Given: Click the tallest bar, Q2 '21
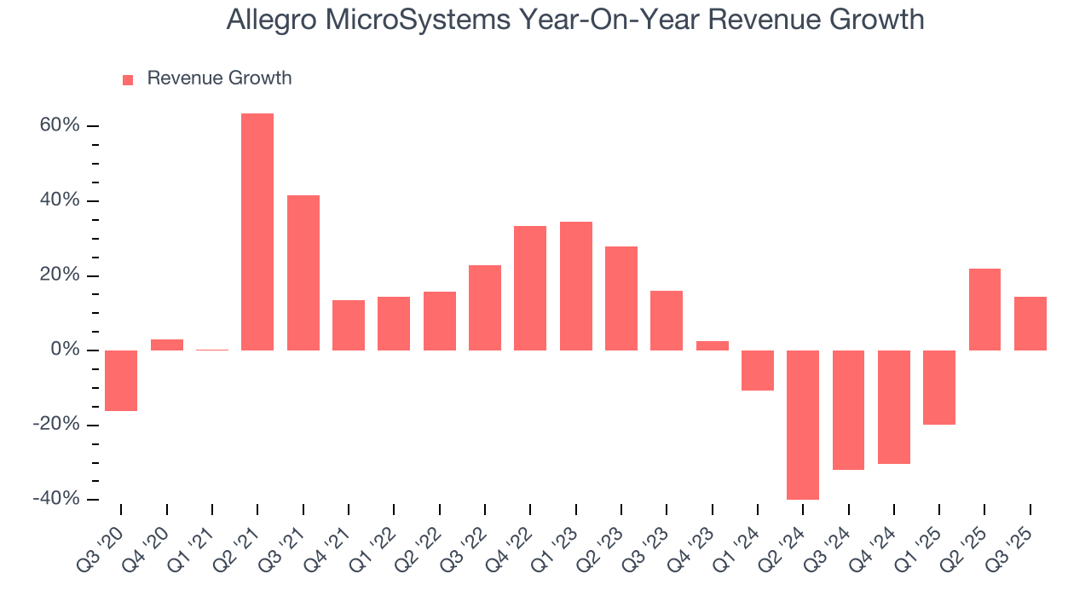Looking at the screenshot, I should coord(257,232).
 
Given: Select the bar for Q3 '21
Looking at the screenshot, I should coord(303,273).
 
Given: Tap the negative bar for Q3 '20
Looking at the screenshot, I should coord(121,380).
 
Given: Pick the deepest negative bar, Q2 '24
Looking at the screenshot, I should coord(803,425).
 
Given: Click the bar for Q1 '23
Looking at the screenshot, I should coord(576,286).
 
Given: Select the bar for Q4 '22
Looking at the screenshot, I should coord(530,288).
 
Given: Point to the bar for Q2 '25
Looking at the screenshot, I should coord(984,310).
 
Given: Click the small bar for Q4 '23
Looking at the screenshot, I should coord(713,345).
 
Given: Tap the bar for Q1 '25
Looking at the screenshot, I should coord(939,387).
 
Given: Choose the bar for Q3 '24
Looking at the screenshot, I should coord(849,409).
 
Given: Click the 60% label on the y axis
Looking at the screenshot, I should coord(60,126).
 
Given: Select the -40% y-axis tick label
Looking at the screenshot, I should coord(56,499).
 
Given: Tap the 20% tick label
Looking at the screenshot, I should coord(60,275).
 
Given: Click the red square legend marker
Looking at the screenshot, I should coord(128,79).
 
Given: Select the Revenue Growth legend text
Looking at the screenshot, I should coord(219,78).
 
